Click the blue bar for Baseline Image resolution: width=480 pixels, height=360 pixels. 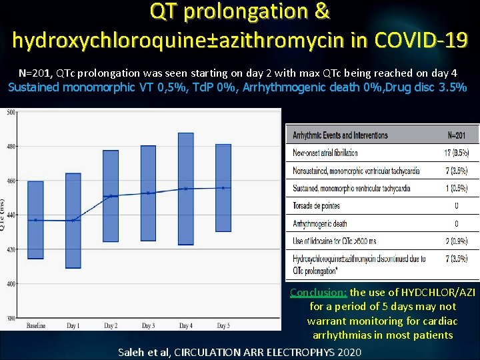[35, 219]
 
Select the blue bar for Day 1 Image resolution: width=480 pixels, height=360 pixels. [73, 221]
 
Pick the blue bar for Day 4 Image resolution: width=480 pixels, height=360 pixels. [185, 189]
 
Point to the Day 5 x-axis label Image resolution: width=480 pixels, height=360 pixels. [223, 325]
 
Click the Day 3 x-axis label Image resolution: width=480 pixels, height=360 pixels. [148, 325]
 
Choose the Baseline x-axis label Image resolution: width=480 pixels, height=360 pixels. [35, 325]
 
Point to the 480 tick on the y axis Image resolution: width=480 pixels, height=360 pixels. [12, 147]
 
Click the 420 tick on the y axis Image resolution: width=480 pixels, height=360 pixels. [12, 249]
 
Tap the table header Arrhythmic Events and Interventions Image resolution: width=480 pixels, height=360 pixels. [340, 135]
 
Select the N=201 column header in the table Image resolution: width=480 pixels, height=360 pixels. [457, 135]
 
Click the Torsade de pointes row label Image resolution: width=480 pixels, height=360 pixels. [316, 206]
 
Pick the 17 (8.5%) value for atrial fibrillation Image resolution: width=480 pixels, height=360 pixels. [457, 153]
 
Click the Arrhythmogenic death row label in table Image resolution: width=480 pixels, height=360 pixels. [320, 224]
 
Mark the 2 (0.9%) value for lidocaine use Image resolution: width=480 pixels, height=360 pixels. [457, 241]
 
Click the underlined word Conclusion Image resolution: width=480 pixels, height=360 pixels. [319, 293]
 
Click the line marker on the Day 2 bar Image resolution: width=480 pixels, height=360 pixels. [110, 196]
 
